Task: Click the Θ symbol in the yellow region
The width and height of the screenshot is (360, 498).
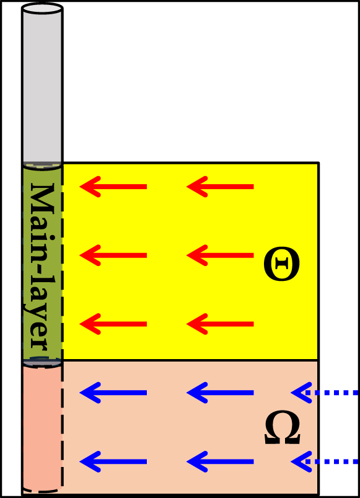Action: (x=282, y=264)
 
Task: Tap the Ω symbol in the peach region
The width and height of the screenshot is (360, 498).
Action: (x=283, y=427)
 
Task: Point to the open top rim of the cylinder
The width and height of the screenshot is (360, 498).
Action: (x=42, y=9)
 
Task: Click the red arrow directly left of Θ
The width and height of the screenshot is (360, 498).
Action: (x=220, y=256)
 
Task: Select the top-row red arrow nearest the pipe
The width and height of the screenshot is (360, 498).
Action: (x=113, y=187)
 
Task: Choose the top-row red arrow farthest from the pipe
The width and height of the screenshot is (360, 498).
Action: (x=220, y=187)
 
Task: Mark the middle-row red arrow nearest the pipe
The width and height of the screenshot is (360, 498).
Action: (x=113, y=256)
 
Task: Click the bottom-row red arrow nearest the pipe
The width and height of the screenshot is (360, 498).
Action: (x=113, y=324)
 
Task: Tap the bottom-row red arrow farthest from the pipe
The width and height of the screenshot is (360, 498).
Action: (x=220, y=324)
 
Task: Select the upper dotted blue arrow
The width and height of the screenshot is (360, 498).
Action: (x=325, y=393)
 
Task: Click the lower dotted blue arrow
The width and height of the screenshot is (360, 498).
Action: (x=325, y=461)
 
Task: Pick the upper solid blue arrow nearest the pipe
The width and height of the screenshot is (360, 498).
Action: (x=113, y=393)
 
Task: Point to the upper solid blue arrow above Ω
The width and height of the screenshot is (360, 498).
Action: (x=220, y=393)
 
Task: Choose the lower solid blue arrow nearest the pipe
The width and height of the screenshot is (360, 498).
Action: (x=113, y=461)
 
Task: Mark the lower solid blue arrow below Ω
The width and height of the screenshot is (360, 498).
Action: (x=220, y=461)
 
